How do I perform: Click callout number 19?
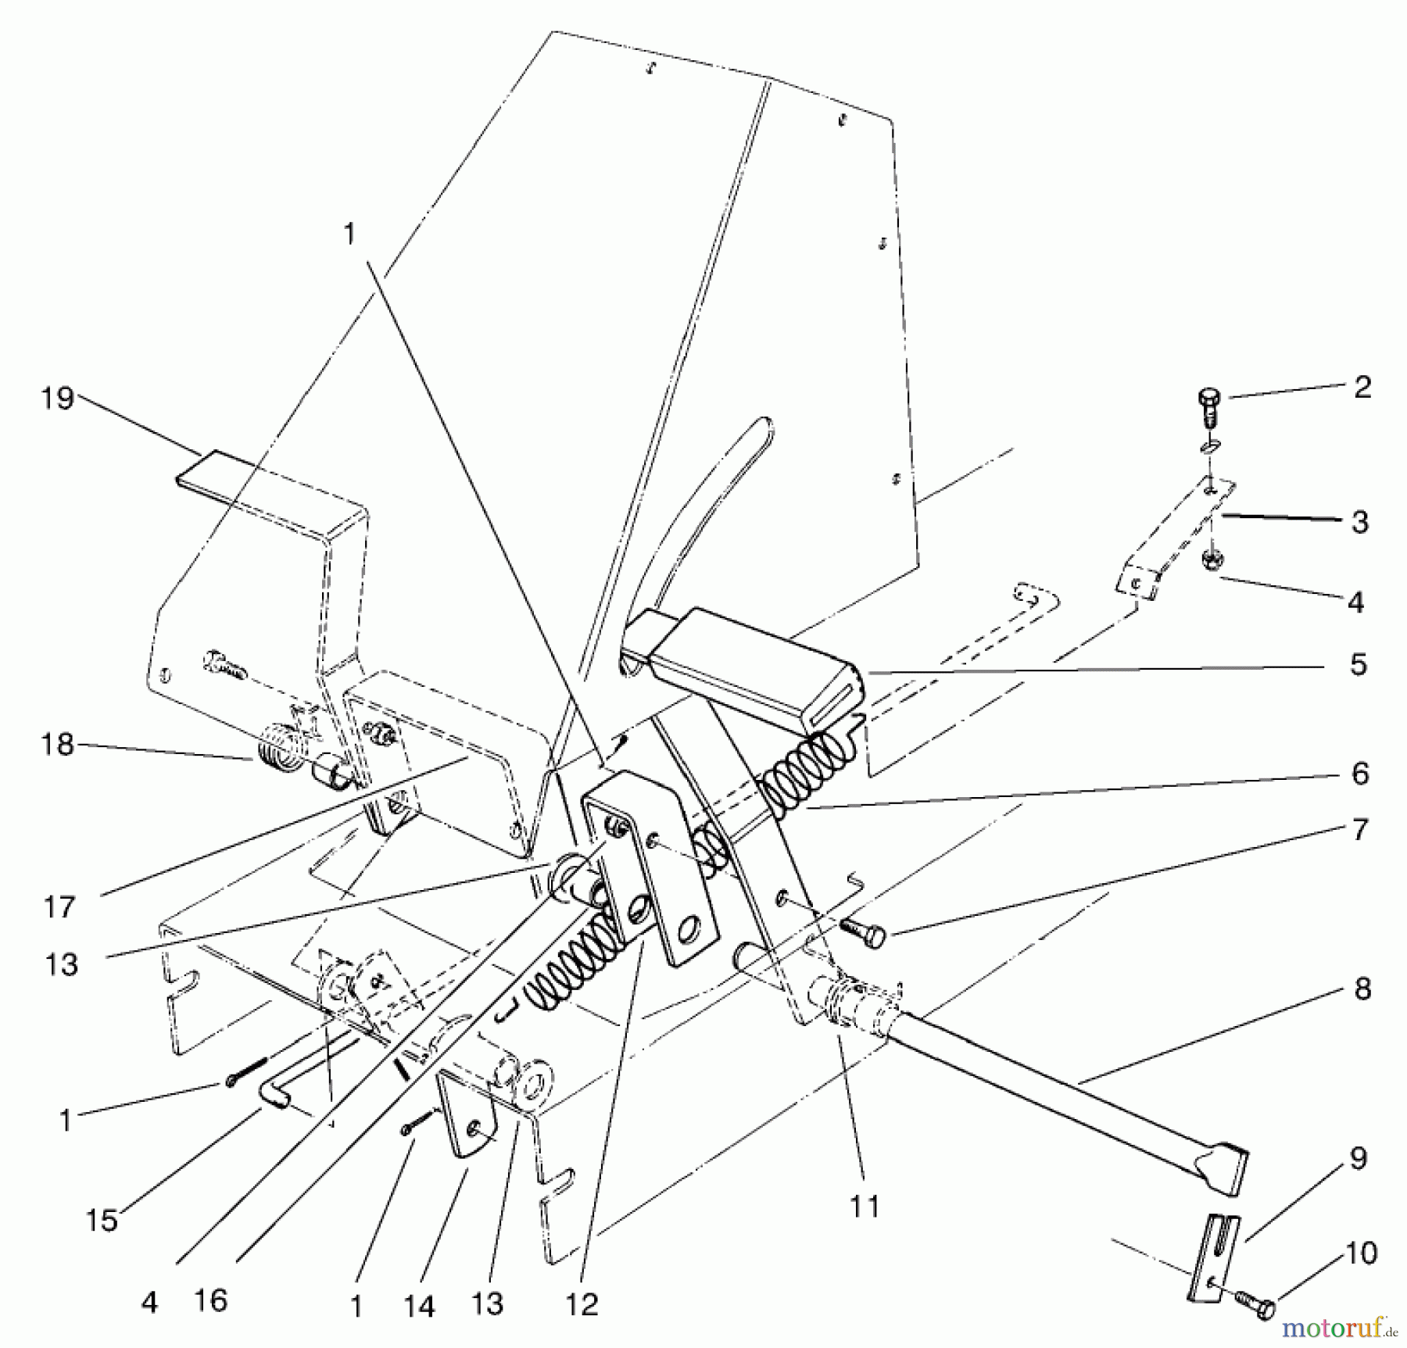(59, 400)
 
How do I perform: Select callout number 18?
(59, 745)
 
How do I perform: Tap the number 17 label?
(59, 907)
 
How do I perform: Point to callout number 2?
(1362, 388)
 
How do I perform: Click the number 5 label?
(1359, 665)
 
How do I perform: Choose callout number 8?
(1362, 989)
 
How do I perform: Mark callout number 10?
(1362, 1253)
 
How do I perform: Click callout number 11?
(865, 1207)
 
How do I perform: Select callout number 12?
(584, 1303)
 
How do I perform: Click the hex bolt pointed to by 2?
(1207, 406)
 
